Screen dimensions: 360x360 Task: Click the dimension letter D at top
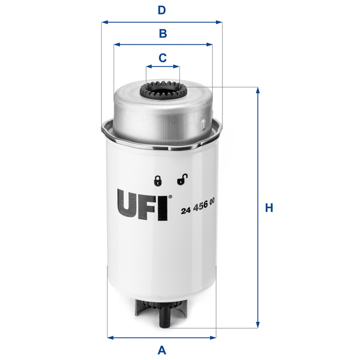point(162,10)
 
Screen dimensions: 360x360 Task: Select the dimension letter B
point(162,34)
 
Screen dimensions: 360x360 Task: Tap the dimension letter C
point(162,57)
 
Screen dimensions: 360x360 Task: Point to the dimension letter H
point(268,208)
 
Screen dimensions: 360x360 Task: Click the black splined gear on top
point(163,91)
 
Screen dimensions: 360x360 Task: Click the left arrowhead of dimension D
point(104,22)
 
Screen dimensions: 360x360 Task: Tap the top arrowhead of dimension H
point(257,89)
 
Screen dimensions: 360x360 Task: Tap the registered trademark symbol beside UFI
point(171,197)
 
